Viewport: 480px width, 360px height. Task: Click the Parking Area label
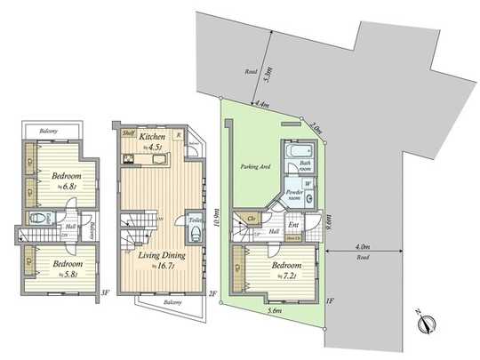[255, 166]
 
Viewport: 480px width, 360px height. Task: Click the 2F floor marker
[212, 292]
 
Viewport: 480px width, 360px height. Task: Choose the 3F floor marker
[104, 292]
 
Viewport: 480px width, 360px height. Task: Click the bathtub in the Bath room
[294, 153]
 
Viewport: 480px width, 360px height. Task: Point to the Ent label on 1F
[292, 225]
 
